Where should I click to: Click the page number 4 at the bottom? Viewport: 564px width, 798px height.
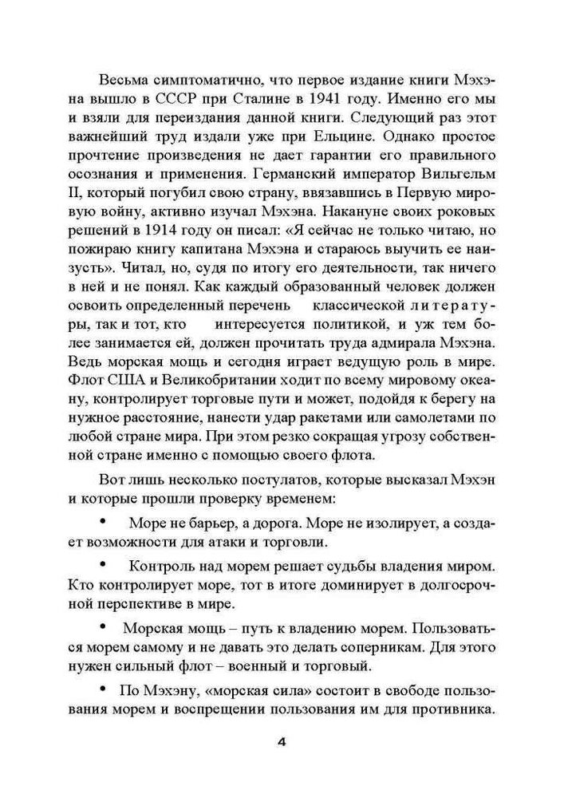282,742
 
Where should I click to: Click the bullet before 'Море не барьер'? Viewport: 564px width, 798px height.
103,521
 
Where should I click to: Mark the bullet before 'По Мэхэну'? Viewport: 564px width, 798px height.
103,665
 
